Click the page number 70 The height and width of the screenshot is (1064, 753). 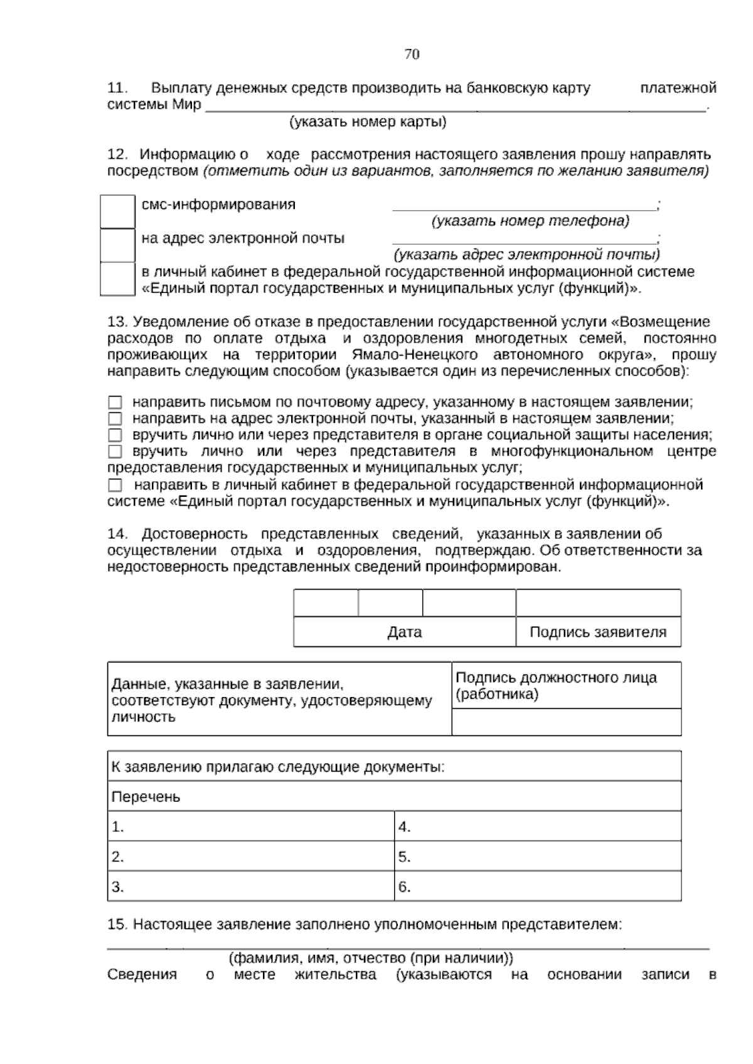coord(412,55)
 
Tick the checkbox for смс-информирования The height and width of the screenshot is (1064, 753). coord(117,211)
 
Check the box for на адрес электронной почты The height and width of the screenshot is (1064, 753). coord(117,245)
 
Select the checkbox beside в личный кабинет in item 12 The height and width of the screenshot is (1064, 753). coord(117,279)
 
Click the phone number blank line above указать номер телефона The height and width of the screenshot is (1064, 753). coord(524,206)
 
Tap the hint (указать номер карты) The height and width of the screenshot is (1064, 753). coord(368,122)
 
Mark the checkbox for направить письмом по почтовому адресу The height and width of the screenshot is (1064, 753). coord(115,402)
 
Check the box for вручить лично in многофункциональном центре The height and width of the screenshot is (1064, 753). coord(115,451)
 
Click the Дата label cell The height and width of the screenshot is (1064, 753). coord(404,632)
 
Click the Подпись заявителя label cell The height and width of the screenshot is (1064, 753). coord(598,632)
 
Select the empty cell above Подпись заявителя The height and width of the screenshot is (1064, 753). coord(598,603)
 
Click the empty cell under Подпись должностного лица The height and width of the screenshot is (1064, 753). coord(566,722)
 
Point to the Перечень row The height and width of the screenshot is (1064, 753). coord(394,797)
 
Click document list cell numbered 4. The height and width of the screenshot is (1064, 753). coord(538,827)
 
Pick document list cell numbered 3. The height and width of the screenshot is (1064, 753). coord(250,886)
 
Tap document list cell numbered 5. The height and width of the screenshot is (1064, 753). coord(538,857)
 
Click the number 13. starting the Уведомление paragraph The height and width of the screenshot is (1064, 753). coord(117,322)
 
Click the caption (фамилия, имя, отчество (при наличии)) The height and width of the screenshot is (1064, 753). coord(370,959)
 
